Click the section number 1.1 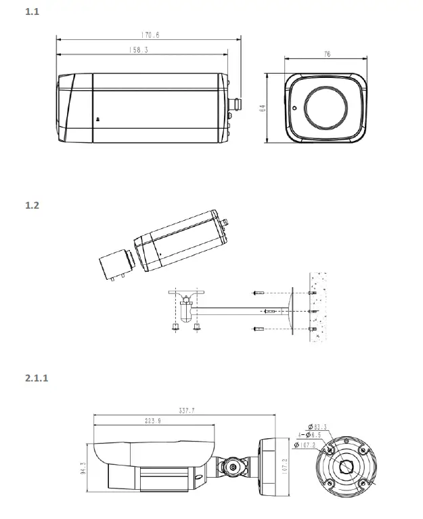(x=31, y=12)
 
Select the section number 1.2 (x=31, y=205)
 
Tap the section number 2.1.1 (x=36, y=377)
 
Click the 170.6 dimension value (x=150, y=35)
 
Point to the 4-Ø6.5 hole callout (x=310, y=436)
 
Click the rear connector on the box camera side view (x=237, y=105)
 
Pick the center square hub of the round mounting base (x=347, y=466)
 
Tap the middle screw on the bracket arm (x=268, y=311)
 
